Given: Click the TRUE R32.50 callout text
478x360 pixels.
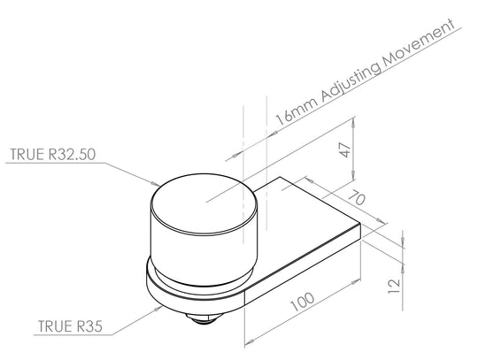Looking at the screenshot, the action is [53, 155].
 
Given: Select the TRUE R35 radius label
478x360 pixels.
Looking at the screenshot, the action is [70, 326].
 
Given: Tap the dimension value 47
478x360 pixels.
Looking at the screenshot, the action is [346, 149].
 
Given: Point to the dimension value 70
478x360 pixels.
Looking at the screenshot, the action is [357, 197].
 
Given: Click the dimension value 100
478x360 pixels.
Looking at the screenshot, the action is [302, 302].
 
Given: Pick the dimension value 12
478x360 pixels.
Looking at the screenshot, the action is [394, 287].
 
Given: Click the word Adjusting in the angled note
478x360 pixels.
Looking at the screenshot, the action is [351, 82].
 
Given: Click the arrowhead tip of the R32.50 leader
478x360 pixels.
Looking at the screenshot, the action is [159, 185].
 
